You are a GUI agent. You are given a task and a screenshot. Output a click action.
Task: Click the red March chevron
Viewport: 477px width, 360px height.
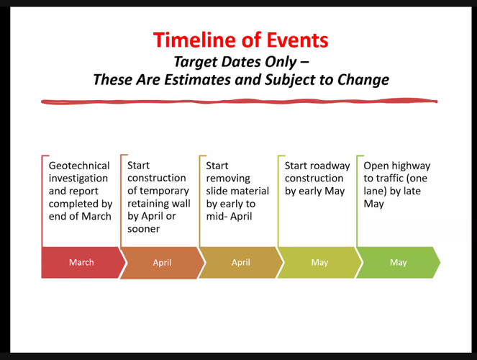click(x=82, y=262)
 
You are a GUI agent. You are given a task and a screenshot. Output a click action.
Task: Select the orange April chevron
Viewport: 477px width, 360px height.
click(x=162, y=263)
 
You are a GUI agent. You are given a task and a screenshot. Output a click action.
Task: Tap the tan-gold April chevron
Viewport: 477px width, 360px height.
click(x=241, y=262)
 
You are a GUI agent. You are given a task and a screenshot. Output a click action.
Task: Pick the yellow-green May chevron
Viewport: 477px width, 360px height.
click(x=319, y=262)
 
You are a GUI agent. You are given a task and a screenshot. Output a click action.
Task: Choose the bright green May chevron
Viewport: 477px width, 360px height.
click(x=398, y=262)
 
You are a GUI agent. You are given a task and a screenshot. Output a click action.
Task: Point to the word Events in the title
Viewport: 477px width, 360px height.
click(x=297, y=40)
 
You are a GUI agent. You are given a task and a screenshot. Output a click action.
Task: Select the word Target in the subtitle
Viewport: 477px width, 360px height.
click(x=196, y=62)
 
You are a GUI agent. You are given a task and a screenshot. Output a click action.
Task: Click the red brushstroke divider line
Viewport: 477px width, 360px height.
click(x=240, y=102)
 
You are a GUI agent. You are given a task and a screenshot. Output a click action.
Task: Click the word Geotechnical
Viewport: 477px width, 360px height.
click(x=79, y=166)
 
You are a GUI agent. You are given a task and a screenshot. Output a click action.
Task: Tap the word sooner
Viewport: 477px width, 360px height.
click(x=144, y=229)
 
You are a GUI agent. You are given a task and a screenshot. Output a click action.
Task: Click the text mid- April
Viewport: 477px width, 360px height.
click(x=229, y=217)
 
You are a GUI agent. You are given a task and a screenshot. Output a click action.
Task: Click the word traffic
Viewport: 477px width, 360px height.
click(x=389, y=178)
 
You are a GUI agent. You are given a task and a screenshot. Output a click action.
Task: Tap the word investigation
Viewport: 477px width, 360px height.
click(x=78, y=179)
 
